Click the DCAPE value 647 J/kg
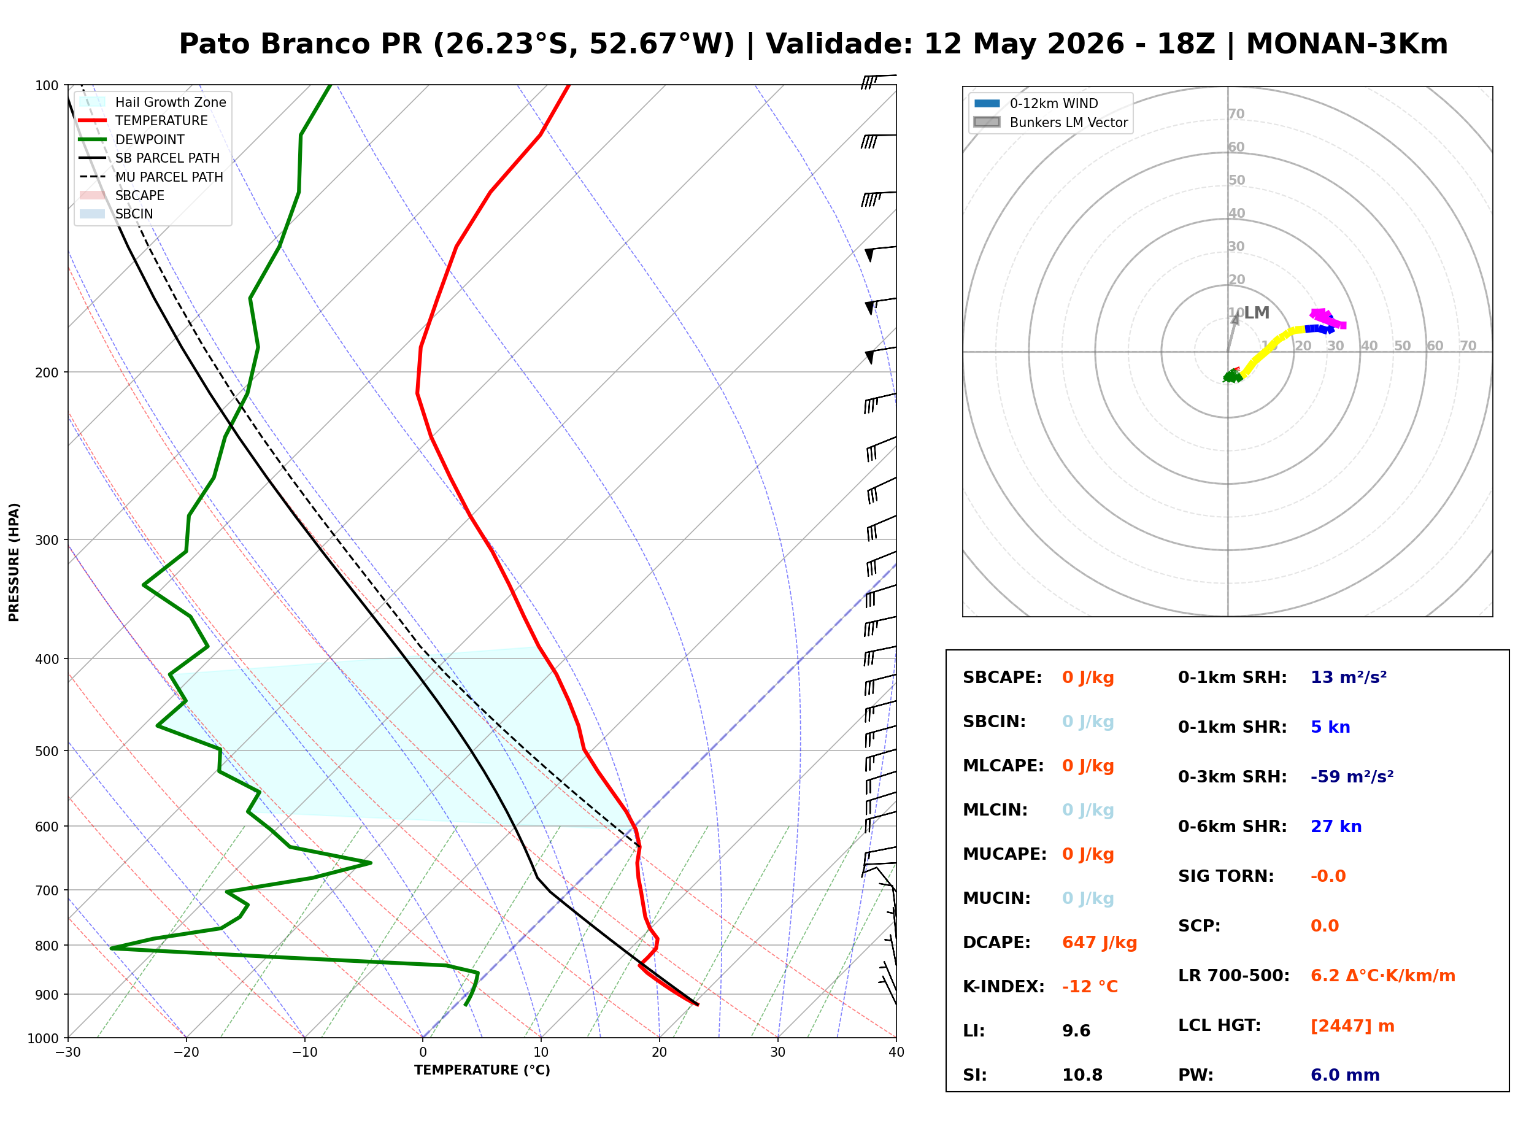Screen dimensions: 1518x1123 click(x=1099, y=942)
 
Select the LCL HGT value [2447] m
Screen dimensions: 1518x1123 click(x=1352, y=1026)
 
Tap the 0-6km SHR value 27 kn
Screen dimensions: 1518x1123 click(x=1336, y=827)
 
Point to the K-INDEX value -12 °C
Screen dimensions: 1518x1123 click(x=1090, y=986)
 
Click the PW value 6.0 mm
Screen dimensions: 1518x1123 click(x=1345, y=1075)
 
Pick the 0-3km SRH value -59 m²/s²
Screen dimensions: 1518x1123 click(x=1352, y=776)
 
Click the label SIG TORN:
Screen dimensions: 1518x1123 click(x=1226, y=876)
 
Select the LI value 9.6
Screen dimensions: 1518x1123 click(x=1076, y=1030)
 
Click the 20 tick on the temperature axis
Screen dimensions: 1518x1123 click(x=659, y=1052)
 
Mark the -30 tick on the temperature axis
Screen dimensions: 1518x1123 click(x=68, y=1052)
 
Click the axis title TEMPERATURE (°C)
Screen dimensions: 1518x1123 click(x=482, y=1070)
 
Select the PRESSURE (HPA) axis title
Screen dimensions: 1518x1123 click(x=14, y=561)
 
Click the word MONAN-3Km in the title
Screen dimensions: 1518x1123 click(x=1347, y=44)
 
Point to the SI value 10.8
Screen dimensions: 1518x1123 click(x=1082, y=1075)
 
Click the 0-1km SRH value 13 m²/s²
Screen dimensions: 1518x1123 click(x=1348, y=677)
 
